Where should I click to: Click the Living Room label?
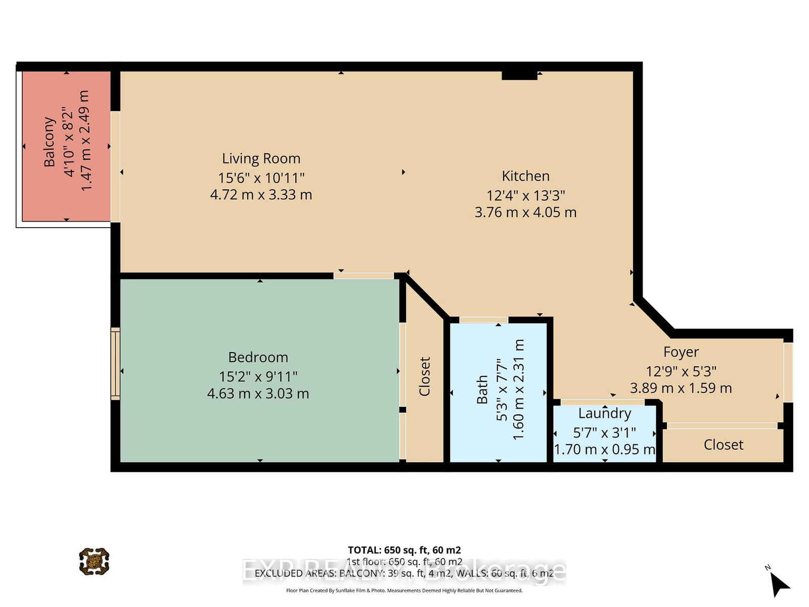pyautogui.click(x=261, y=158)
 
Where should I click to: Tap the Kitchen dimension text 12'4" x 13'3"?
pyautogui.click(x=525, y=195)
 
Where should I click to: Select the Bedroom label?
pyautogui.click(x=258, y=357)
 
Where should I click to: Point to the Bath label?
pyautogui.click(x=482, y=389)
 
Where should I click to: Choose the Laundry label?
pyautogui.click(x=605, y=413)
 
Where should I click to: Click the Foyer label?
pyautogui.click(x=681, y=352)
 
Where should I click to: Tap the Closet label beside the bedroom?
pyautogui.click(x=424, y=376)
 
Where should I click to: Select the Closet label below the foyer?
pyautogui.click(x=723, y=445)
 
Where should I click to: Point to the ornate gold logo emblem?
pyautogui.click(x=94, y=561)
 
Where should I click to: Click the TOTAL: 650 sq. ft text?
pyautogui.click(x=404, y=550)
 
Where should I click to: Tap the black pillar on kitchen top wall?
pyautogui.click(x=519, y=75)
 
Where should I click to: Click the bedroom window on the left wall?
pyautogui.click(x=115, y=363)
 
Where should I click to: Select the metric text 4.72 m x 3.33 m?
pyautogui.click(x=261, y=195)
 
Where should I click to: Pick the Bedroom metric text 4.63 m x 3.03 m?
pyautogui.click(x=258, y=394)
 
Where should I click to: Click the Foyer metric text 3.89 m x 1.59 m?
pyautogui.click(x=681, y=388)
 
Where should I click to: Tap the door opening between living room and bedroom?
pyautogui.click(x=364, y=276)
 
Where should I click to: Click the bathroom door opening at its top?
pyautogui.click(x=483, y=320)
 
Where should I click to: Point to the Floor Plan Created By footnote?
pyautogui.click(x=404, y=590)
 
